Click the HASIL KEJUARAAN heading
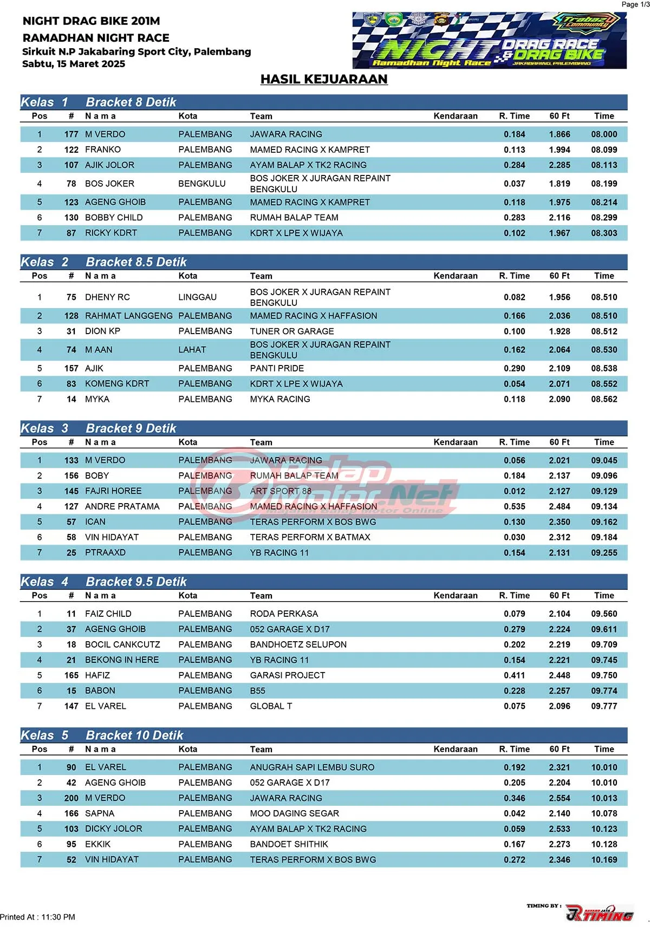coord(324,79)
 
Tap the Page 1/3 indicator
coord(635,4)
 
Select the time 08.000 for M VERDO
coord(604,134)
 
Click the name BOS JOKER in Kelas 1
coord(109,184)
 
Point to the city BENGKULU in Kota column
coord(202,184)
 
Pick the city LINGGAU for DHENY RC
coord(197,297)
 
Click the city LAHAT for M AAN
coord(192,350)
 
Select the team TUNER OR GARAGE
coord(292,331)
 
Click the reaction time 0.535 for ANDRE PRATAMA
coord(514,507)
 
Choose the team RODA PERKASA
coord(284,614)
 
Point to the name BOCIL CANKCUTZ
coord(122,645)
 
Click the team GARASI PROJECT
coord(288,676)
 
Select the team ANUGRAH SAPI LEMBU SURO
coord(312,767)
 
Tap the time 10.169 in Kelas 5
coord(604,860)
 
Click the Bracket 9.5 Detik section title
coord(136,582)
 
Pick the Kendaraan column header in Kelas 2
coord(456,276)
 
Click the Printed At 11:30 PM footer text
coord(38,917)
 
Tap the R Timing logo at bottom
coord(599,913)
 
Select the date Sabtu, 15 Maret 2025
coord(74,64)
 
